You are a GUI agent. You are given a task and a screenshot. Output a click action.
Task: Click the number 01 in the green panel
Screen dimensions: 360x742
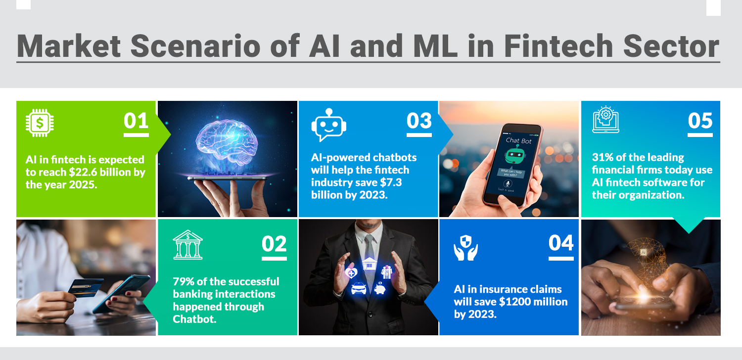(x=136, y=121)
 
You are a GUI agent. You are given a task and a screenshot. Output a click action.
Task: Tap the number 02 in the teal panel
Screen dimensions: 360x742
(x=274, y=244)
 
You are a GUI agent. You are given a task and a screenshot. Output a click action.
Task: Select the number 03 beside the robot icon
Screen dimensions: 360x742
(x=419, y=121)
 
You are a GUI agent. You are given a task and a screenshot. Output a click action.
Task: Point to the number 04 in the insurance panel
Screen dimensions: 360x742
(x=561, y=243)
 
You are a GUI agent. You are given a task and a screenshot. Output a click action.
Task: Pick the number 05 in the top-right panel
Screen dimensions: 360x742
(x=700, y=121)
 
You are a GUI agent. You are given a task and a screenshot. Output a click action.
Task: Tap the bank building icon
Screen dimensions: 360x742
(x=187, y=245)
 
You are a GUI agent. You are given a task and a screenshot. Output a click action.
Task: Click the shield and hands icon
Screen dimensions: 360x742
(x=465, y=248)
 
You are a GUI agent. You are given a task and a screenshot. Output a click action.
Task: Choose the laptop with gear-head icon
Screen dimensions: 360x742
(x=605, y=120)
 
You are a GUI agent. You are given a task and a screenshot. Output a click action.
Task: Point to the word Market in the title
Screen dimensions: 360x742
(x=69, y=46)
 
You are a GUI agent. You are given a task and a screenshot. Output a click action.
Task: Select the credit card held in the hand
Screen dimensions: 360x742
(x=85, y=287)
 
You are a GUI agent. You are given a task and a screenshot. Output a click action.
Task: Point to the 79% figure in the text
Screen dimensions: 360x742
(x=184, y=282)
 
